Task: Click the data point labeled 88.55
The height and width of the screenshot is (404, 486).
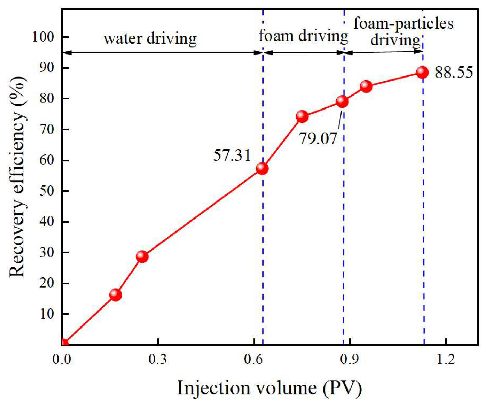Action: [x=422, y=72]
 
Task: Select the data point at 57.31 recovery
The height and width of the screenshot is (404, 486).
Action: [x=262, y=168]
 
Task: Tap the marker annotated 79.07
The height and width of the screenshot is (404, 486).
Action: [x=342, y=102]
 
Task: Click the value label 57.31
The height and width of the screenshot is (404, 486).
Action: [x=232, y=155]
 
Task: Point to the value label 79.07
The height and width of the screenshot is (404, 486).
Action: [x=318, y=139]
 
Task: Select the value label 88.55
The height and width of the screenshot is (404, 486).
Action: [x=454, y=73]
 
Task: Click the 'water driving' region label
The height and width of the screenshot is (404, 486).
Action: [x=150, y=38]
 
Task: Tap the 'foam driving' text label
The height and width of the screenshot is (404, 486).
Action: [x=303, y=36]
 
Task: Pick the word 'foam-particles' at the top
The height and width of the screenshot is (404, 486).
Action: [x=403, y=23]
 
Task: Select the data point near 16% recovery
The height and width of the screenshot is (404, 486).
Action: [x=115, y=295]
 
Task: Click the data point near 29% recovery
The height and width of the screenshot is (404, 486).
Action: [x=142, y=256]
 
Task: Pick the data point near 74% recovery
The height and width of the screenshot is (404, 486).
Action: [x=302, y=117]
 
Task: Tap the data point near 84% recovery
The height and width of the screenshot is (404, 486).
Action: [x=366, y=86]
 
